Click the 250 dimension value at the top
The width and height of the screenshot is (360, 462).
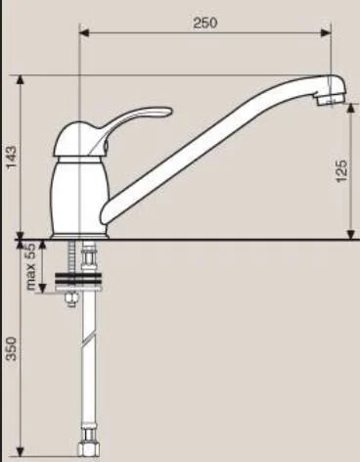coord(203,23)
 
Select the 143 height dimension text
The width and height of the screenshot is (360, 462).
coord(11,157)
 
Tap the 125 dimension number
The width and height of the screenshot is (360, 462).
coord(340,171)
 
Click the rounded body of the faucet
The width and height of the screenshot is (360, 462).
coord(78,191)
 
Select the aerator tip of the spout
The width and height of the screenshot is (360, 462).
coord(337,91)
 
